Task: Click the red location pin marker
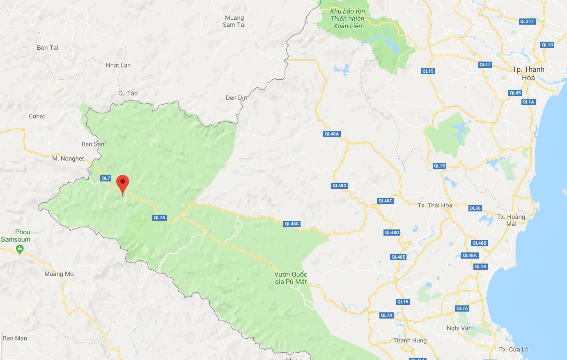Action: click(122, 183)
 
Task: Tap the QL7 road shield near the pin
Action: click(106, 178)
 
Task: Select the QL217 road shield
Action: click(527, 21)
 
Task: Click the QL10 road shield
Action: click(547, 45)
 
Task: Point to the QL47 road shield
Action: click(485, 64)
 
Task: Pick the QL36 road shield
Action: click(475, 208)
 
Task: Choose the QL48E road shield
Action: click(398, 257)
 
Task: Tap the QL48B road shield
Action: click(479, 243)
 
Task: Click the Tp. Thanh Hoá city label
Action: click(528, 73)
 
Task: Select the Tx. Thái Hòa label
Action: click(434, 205)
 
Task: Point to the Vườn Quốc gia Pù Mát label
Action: click(291, 278)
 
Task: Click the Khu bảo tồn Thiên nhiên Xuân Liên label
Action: click(347, 18)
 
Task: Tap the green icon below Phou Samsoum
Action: click(19, 248)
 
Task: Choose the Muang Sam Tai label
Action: click(234, 21)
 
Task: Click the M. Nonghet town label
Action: click(68, 158)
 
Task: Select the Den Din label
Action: click(236, 98)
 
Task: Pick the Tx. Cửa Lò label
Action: click(514, 349)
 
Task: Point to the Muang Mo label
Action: click(59, 274)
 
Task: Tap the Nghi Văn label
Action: click(459, 328)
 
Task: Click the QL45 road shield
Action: click(515, 93)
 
